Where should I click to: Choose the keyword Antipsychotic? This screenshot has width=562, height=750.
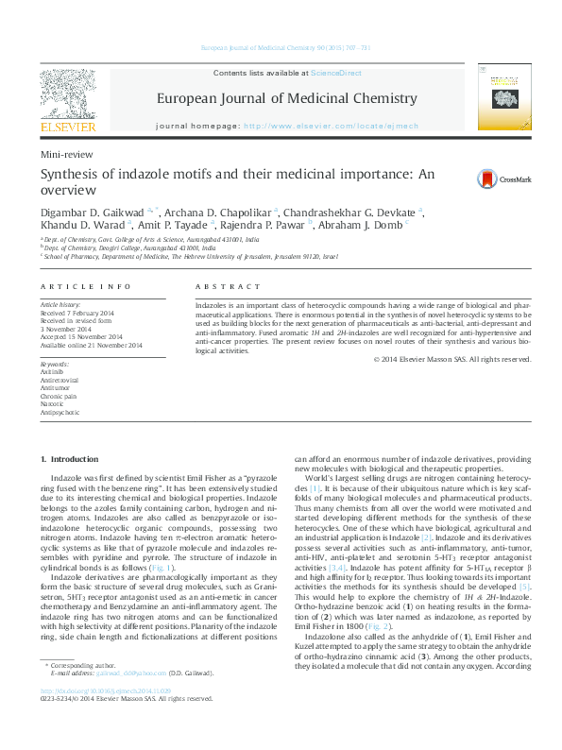coord(60,413)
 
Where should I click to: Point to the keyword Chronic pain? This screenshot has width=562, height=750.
coord(57,397)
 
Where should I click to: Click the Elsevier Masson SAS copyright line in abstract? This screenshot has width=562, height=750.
coord(453,359)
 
